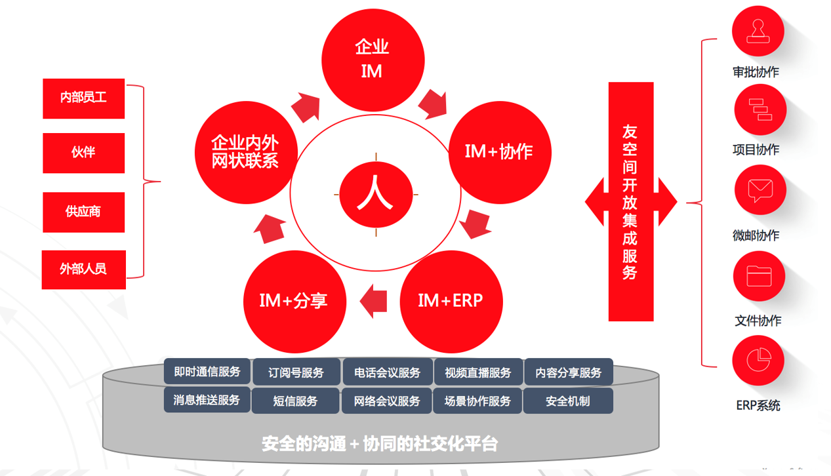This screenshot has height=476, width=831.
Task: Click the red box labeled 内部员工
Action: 83,98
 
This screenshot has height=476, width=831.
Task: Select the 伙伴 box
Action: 83,153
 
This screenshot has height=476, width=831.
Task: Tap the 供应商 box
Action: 83,212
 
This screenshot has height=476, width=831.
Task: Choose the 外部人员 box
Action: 83,269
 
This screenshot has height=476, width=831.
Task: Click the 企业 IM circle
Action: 372,59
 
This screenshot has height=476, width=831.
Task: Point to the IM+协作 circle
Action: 499,151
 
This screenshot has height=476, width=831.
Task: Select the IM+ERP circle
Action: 451,302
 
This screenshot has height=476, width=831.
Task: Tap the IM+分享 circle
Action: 293,302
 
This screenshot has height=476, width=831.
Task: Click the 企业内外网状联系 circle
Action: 245,151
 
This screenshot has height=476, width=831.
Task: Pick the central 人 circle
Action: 375,195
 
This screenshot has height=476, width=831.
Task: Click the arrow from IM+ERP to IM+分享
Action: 373,301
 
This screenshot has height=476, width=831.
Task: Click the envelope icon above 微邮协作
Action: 759,191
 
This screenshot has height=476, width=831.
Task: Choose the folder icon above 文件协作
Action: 759,276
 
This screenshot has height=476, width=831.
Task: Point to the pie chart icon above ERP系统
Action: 759,361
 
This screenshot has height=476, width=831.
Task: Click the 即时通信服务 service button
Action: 207,372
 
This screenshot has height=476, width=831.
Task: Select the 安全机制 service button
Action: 568,401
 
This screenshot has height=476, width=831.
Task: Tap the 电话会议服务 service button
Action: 388,372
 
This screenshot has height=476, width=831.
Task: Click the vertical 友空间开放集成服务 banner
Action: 630,201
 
